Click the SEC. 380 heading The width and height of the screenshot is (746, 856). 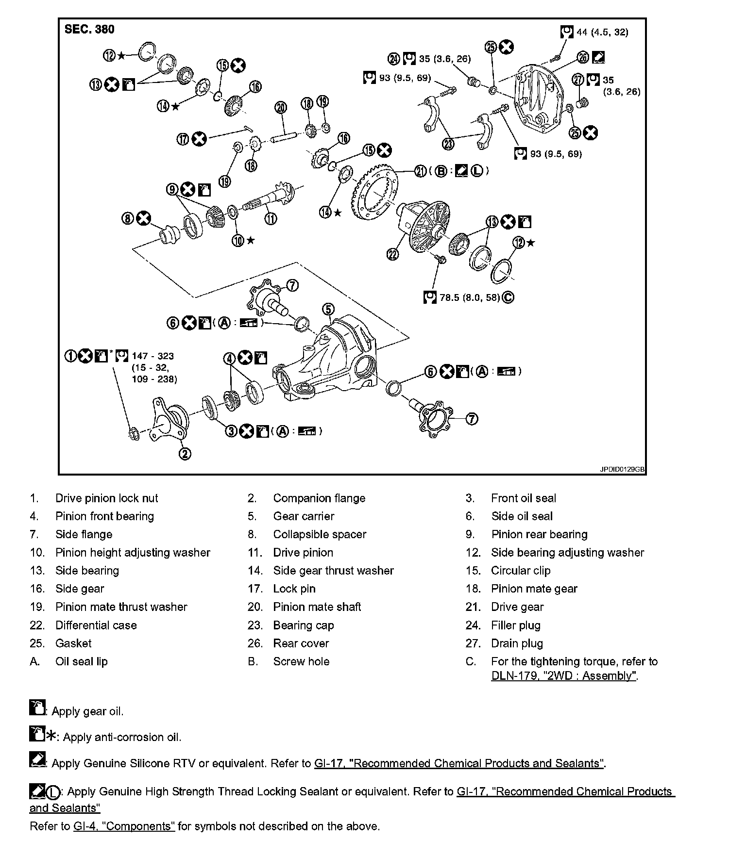[89, 29]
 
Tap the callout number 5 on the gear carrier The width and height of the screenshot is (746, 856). [328, 309]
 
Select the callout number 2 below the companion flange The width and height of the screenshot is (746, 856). [185, 454]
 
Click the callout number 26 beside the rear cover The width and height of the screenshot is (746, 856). [583, 57]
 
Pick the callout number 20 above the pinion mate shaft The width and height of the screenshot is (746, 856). [281, 108]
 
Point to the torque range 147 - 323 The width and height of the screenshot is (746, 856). [153, 356]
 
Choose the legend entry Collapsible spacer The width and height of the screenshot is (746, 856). [320, 534]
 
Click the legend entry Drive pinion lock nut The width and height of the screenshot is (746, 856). [106, 498]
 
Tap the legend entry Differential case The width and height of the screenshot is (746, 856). [96, 625]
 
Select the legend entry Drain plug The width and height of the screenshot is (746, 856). [517, 643]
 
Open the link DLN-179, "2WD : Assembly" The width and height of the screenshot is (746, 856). [563, 675]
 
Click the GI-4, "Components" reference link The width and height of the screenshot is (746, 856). [124, 826]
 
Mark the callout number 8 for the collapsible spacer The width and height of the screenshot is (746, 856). [127, 218]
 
